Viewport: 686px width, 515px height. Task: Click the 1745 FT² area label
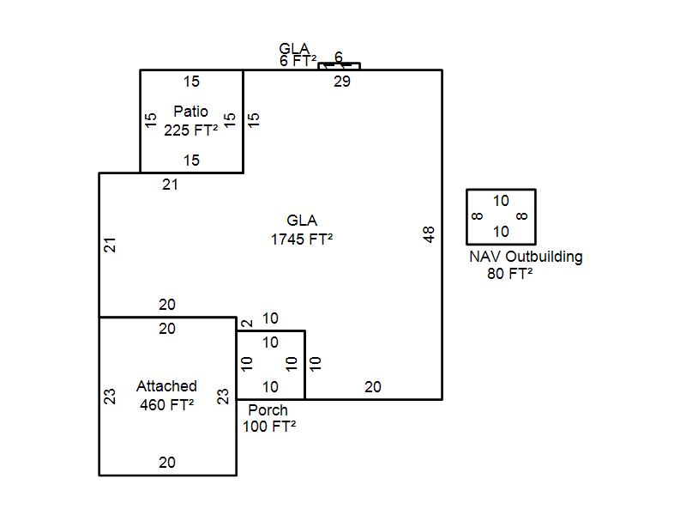(301, 239)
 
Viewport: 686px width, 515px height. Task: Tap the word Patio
(190, 112)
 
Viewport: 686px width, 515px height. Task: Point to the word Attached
(166, 386)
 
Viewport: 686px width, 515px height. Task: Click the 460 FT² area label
(166, 403)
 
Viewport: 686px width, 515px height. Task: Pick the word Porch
(268, 410)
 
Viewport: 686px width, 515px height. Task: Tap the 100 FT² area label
(269, 426)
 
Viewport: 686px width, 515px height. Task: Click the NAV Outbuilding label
(526, 257)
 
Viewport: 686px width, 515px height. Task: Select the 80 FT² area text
(509, 274)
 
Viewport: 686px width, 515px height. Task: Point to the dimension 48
(430, 233)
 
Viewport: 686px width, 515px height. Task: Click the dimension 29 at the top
(342, 82)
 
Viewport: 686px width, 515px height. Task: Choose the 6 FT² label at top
(298, 61)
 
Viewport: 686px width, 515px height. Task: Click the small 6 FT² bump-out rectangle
(339, 66)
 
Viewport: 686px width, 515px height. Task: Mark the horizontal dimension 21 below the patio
(171, 184)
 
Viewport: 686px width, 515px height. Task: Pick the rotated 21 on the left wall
(110, 245)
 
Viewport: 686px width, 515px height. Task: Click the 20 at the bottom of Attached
(167, 463)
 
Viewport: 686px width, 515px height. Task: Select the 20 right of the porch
(372, 387)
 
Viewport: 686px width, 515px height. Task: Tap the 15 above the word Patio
(191, 82)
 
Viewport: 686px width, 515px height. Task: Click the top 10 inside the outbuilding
(501, 201)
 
